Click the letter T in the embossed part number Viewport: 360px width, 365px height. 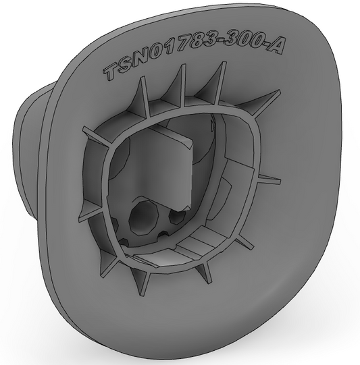(111, 72)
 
